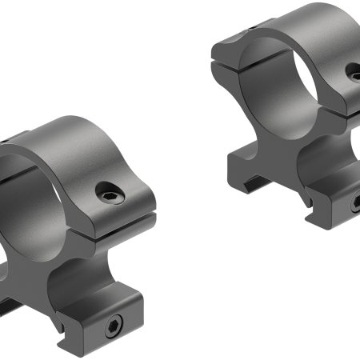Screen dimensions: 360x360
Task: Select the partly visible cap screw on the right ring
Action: [354, 73]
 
